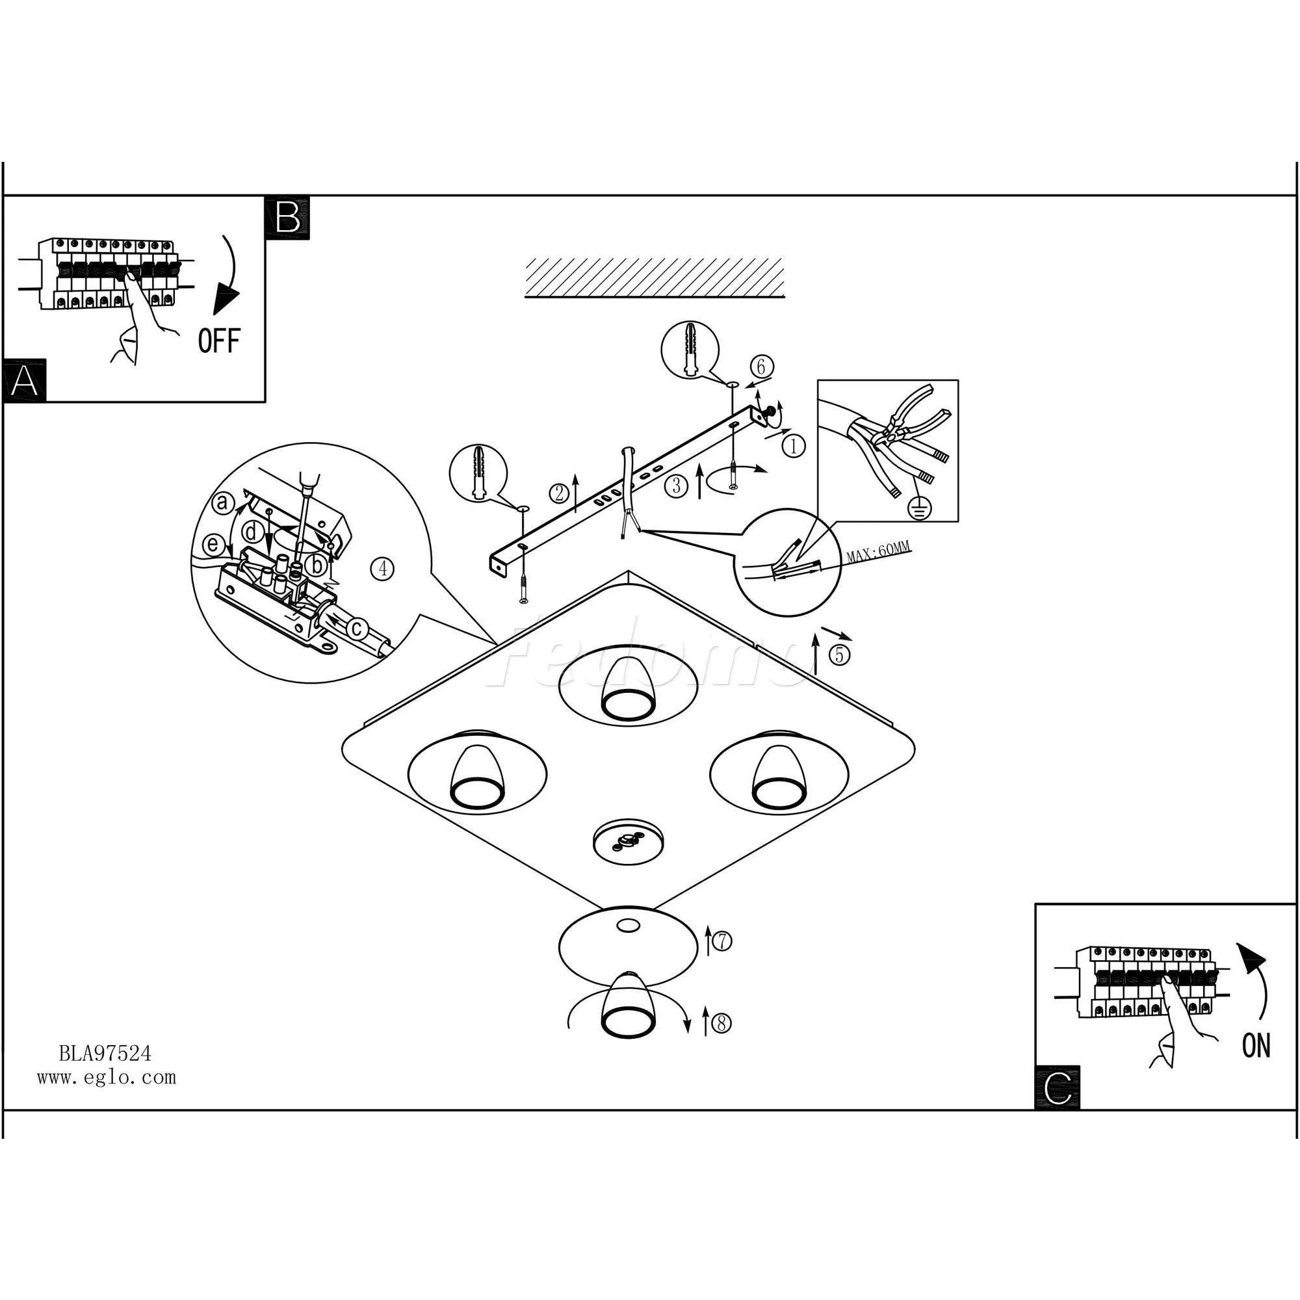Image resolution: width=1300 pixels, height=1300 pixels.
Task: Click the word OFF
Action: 218,341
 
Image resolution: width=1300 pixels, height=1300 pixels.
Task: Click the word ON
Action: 1256,1045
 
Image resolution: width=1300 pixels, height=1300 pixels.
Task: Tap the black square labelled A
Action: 24,381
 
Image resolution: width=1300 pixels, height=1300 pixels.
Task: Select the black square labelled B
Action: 288,217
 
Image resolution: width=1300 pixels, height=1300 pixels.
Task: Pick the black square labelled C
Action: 1057,1088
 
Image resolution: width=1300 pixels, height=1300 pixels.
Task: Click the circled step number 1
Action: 795,445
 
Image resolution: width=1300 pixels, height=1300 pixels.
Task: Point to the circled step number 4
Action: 382,569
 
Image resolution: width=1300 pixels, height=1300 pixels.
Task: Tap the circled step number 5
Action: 839,655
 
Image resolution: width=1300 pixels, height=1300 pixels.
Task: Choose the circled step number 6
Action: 762,367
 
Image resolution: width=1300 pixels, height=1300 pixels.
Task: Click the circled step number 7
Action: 721,942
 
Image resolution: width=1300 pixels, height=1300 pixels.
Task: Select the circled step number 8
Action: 721,1024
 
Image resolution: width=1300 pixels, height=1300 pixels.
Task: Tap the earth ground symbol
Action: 920,510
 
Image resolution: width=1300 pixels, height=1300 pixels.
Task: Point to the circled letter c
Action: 357,629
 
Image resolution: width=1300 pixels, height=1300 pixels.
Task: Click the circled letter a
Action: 223,502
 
